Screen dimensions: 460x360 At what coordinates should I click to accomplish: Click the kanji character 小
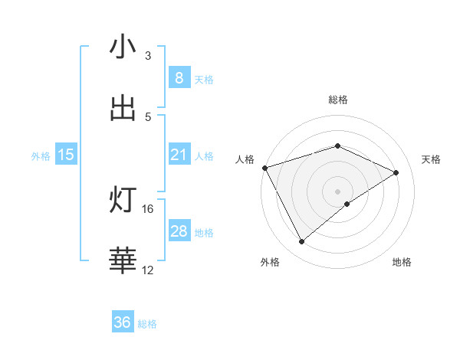[x=123, y=47]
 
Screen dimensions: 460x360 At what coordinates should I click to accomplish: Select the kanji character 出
[x=123, y=108]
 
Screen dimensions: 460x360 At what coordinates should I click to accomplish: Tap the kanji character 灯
[x=123, y=200]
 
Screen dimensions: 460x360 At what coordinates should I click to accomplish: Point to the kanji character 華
[x=123, y=260]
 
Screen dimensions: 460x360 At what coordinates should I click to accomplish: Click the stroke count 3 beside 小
[x=148, y=56]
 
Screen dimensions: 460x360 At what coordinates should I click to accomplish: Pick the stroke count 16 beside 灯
[x=148, y=208]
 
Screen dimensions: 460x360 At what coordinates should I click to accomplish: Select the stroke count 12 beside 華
[x=148, y=270]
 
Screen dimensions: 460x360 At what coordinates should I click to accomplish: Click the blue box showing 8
[x=179, y=78]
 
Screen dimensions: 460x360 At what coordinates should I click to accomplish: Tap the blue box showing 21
[x=179, y=155]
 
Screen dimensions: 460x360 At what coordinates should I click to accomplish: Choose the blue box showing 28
[x=179, y=231]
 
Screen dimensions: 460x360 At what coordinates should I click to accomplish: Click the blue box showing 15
[x=66, y=155]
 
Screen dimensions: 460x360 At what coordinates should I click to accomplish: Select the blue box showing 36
[x=123, y=322]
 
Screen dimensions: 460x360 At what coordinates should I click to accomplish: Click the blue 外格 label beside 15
[x=41, y=155]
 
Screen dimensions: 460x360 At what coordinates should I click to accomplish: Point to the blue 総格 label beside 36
[x=147, y=324]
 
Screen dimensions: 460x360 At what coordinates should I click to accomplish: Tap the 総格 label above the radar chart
[x=338, y=100]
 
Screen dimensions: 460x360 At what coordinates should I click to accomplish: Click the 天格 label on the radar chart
[x=432, y=159]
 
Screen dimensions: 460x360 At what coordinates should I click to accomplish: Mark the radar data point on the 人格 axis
[x=264, y=168]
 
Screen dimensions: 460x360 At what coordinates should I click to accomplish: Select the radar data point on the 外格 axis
[x=302, y=242]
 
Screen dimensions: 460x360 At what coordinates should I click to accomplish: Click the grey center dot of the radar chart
[x=338, y=191]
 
